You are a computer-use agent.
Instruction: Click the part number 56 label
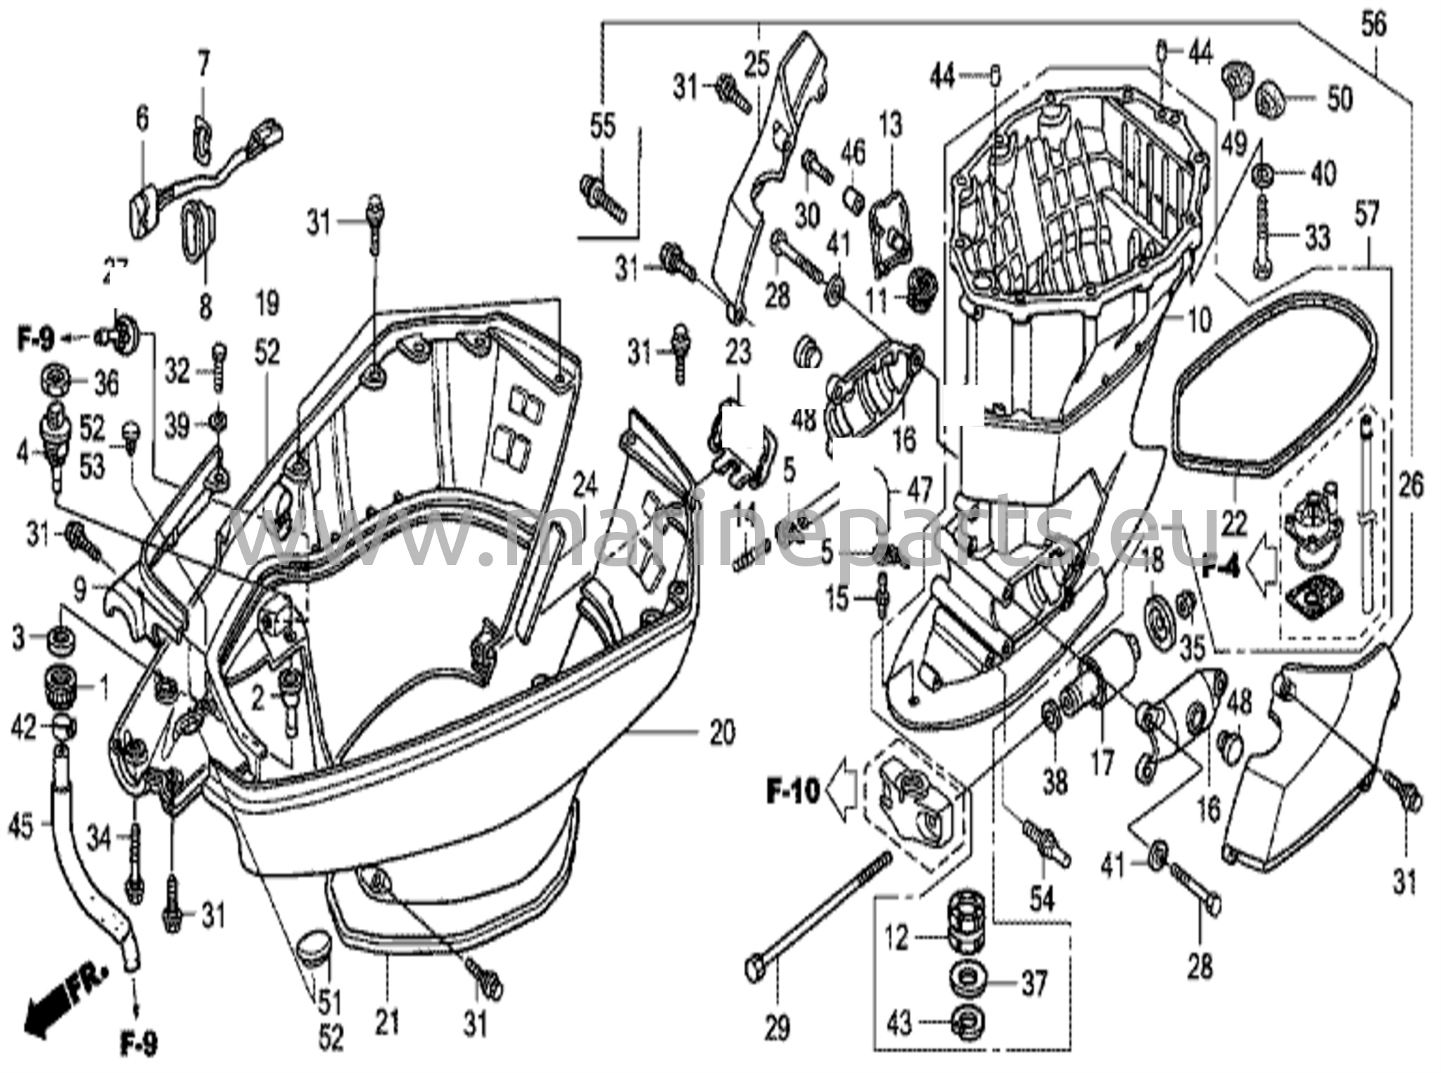tap(1373, 25)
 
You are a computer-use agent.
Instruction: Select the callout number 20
tap(722, 732)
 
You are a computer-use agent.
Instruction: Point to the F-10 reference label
tap(793, 792)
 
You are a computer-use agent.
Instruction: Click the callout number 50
tap(1339, 99)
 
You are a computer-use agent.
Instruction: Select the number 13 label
tap(890, 127)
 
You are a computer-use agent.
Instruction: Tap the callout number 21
tap(386, 1022)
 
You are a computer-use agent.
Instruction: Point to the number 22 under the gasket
tap(1234, 523)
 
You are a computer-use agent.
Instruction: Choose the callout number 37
tap(1034, 983)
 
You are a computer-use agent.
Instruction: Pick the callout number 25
tap(757, 65)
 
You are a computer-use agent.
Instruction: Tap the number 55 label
tap(602, 127)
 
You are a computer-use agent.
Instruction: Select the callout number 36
tap(106, 383)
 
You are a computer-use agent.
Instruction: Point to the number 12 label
tap(897, 939)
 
